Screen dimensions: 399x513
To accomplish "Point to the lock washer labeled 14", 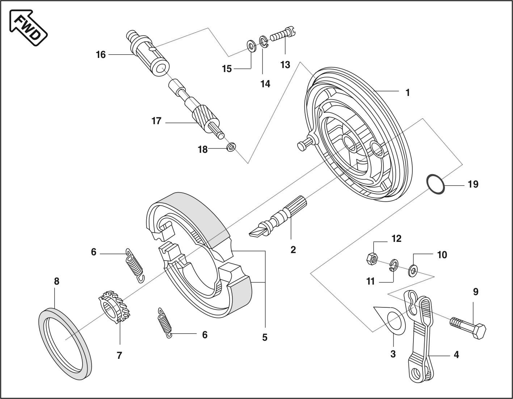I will click(264, 41).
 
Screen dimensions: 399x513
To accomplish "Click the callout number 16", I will click(101, 55).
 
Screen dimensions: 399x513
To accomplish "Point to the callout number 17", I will click(156, 121).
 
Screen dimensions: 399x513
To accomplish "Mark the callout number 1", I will click(408, 93).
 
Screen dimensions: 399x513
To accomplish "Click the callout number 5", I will click(265, 337).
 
